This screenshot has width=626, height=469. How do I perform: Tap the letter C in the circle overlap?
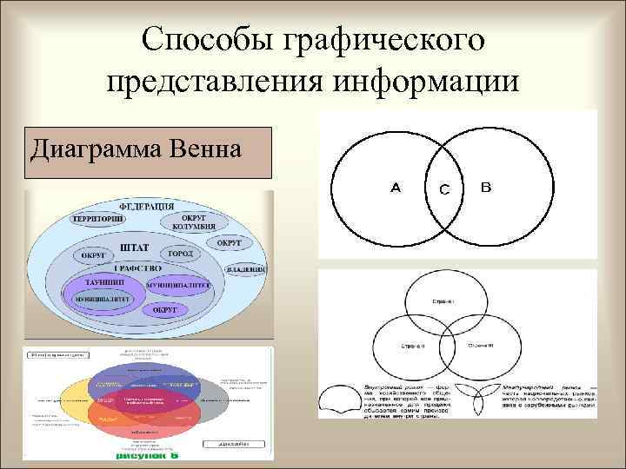[444, 190]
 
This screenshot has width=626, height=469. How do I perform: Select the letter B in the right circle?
[485, 186]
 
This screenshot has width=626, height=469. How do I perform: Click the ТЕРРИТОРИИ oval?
[97, 221]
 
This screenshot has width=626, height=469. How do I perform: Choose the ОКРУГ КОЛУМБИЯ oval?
[193, 222]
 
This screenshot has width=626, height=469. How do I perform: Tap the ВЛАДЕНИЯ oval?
[246, 269]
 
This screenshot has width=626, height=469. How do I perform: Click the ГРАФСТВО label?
[139, 268]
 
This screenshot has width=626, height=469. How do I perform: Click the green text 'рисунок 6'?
[148, 454]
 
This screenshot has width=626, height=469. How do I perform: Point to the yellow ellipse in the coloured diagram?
[74, 401]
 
